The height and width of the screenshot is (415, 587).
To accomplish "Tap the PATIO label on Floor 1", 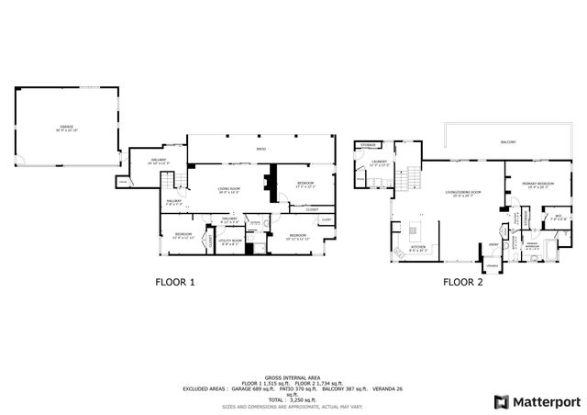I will [x=260, y=147].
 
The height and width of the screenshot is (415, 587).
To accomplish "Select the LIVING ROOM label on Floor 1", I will [x=228, y=189].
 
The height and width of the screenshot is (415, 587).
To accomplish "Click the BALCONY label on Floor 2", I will [x=507, y=143].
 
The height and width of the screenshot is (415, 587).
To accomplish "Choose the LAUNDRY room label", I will [x=379, y=163].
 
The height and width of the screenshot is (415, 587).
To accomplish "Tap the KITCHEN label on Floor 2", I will [x=417, y=248].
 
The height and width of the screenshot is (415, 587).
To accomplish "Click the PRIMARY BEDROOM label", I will [x=537, y=185].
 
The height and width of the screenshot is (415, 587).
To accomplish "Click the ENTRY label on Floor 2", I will [x=493, y=244].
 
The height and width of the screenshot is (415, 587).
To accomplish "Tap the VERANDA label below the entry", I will [x=493, y=266].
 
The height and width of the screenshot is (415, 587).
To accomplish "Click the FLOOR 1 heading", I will [x=174, y=283].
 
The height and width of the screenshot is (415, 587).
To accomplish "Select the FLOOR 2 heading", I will [x=464, y=283].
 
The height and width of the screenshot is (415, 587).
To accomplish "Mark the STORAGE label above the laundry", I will [x=368, y=144].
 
